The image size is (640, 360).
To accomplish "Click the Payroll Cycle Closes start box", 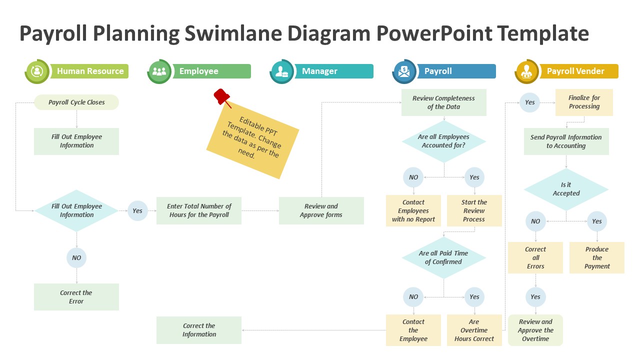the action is point(76,102).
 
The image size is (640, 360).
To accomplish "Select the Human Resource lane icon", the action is point(37,71).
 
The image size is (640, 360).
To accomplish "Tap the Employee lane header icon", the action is point(159,71).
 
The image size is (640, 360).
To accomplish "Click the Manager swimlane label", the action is point(319,71).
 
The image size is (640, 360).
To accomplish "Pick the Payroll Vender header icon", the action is point(527,71).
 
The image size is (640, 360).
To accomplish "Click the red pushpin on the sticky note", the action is point(222,97).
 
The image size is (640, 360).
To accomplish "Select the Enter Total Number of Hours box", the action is point(199,210).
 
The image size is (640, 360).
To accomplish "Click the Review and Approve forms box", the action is point(321,210).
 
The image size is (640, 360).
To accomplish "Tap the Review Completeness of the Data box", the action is point(443,102).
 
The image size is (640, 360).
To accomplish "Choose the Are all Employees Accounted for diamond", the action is point(443,141).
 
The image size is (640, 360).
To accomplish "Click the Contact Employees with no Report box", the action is point(413,210).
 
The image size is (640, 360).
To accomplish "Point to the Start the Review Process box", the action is point(474,210).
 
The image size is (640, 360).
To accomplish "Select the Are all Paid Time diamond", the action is point(443,257).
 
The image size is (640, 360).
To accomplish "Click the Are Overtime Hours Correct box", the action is point(474,330).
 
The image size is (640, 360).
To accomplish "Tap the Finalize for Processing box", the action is point(584,102).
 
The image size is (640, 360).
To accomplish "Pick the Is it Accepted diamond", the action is point(566,189).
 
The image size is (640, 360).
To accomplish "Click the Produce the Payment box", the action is point(597,257).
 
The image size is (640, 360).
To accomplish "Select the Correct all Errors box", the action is point(535,257).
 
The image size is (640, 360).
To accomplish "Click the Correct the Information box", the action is point(199,330).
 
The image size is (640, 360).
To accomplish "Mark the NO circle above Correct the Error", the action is point(76,257).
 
